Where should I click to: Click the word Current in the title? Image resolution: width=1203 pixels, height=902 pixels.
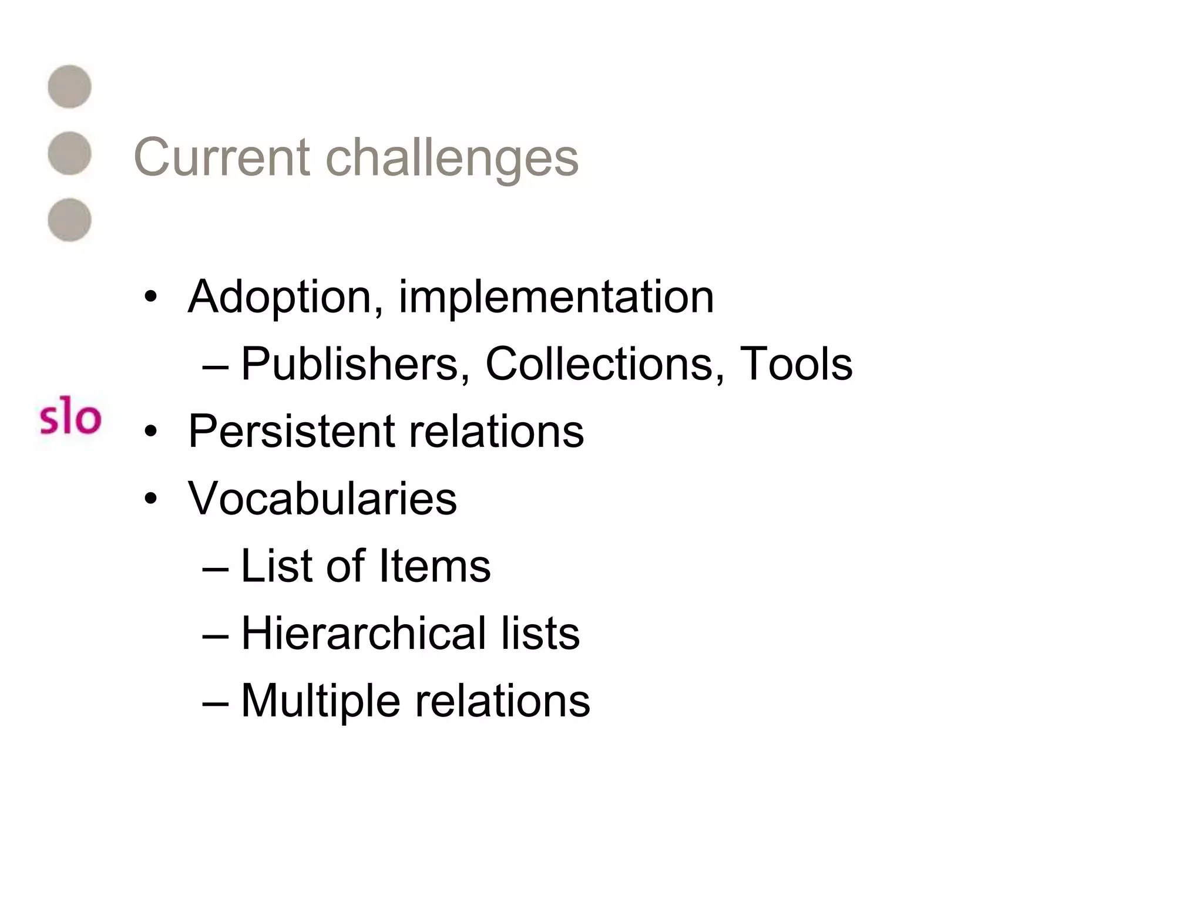pos(221,157)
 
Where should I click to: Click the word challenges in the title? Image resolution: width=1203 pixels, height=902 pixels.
pos(452,157)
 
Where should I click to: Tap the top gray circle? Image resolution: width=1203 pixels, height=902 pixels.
pos(69,86)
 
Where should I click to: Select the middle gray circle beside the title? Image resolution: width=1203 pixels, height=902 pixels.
pos(69,153)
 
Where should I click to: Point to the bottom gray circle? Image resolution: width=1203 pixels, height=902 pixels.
pos(69,220)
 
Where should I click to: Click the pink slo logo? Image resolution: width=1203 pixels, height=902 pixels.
pos(70,418)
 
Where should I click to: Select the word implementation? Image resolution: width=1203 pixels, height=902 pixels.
pos(556,297)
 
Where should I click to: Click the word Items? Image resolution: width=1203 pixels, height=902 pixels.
pos(434,566)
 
